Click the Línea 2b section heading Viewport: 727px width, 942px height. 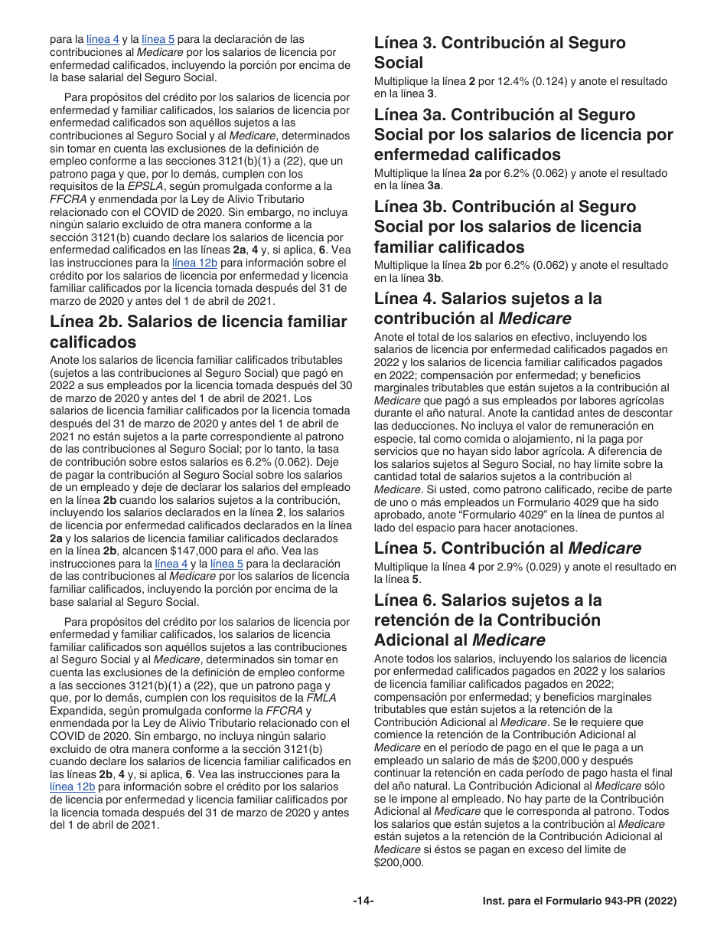click(198, 332)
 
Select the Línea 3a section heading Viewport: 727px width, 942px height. click(523, 135)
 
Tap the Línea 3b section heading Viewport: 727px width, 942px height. click(508, 227)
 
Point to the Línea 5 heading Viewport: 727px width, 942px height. click(507, 548)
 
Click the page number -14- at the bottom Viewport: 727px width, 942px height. click(363, 901)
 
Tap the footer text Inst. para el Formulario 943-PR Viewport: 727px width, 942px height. click(579, 901)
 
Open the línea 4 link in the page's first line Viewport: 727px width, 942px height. click(103, 39)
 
